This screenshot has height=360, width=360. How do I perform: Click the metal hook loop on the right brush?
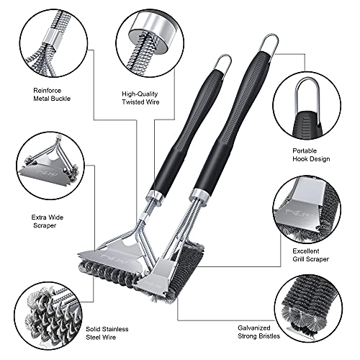click(268, 42)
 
